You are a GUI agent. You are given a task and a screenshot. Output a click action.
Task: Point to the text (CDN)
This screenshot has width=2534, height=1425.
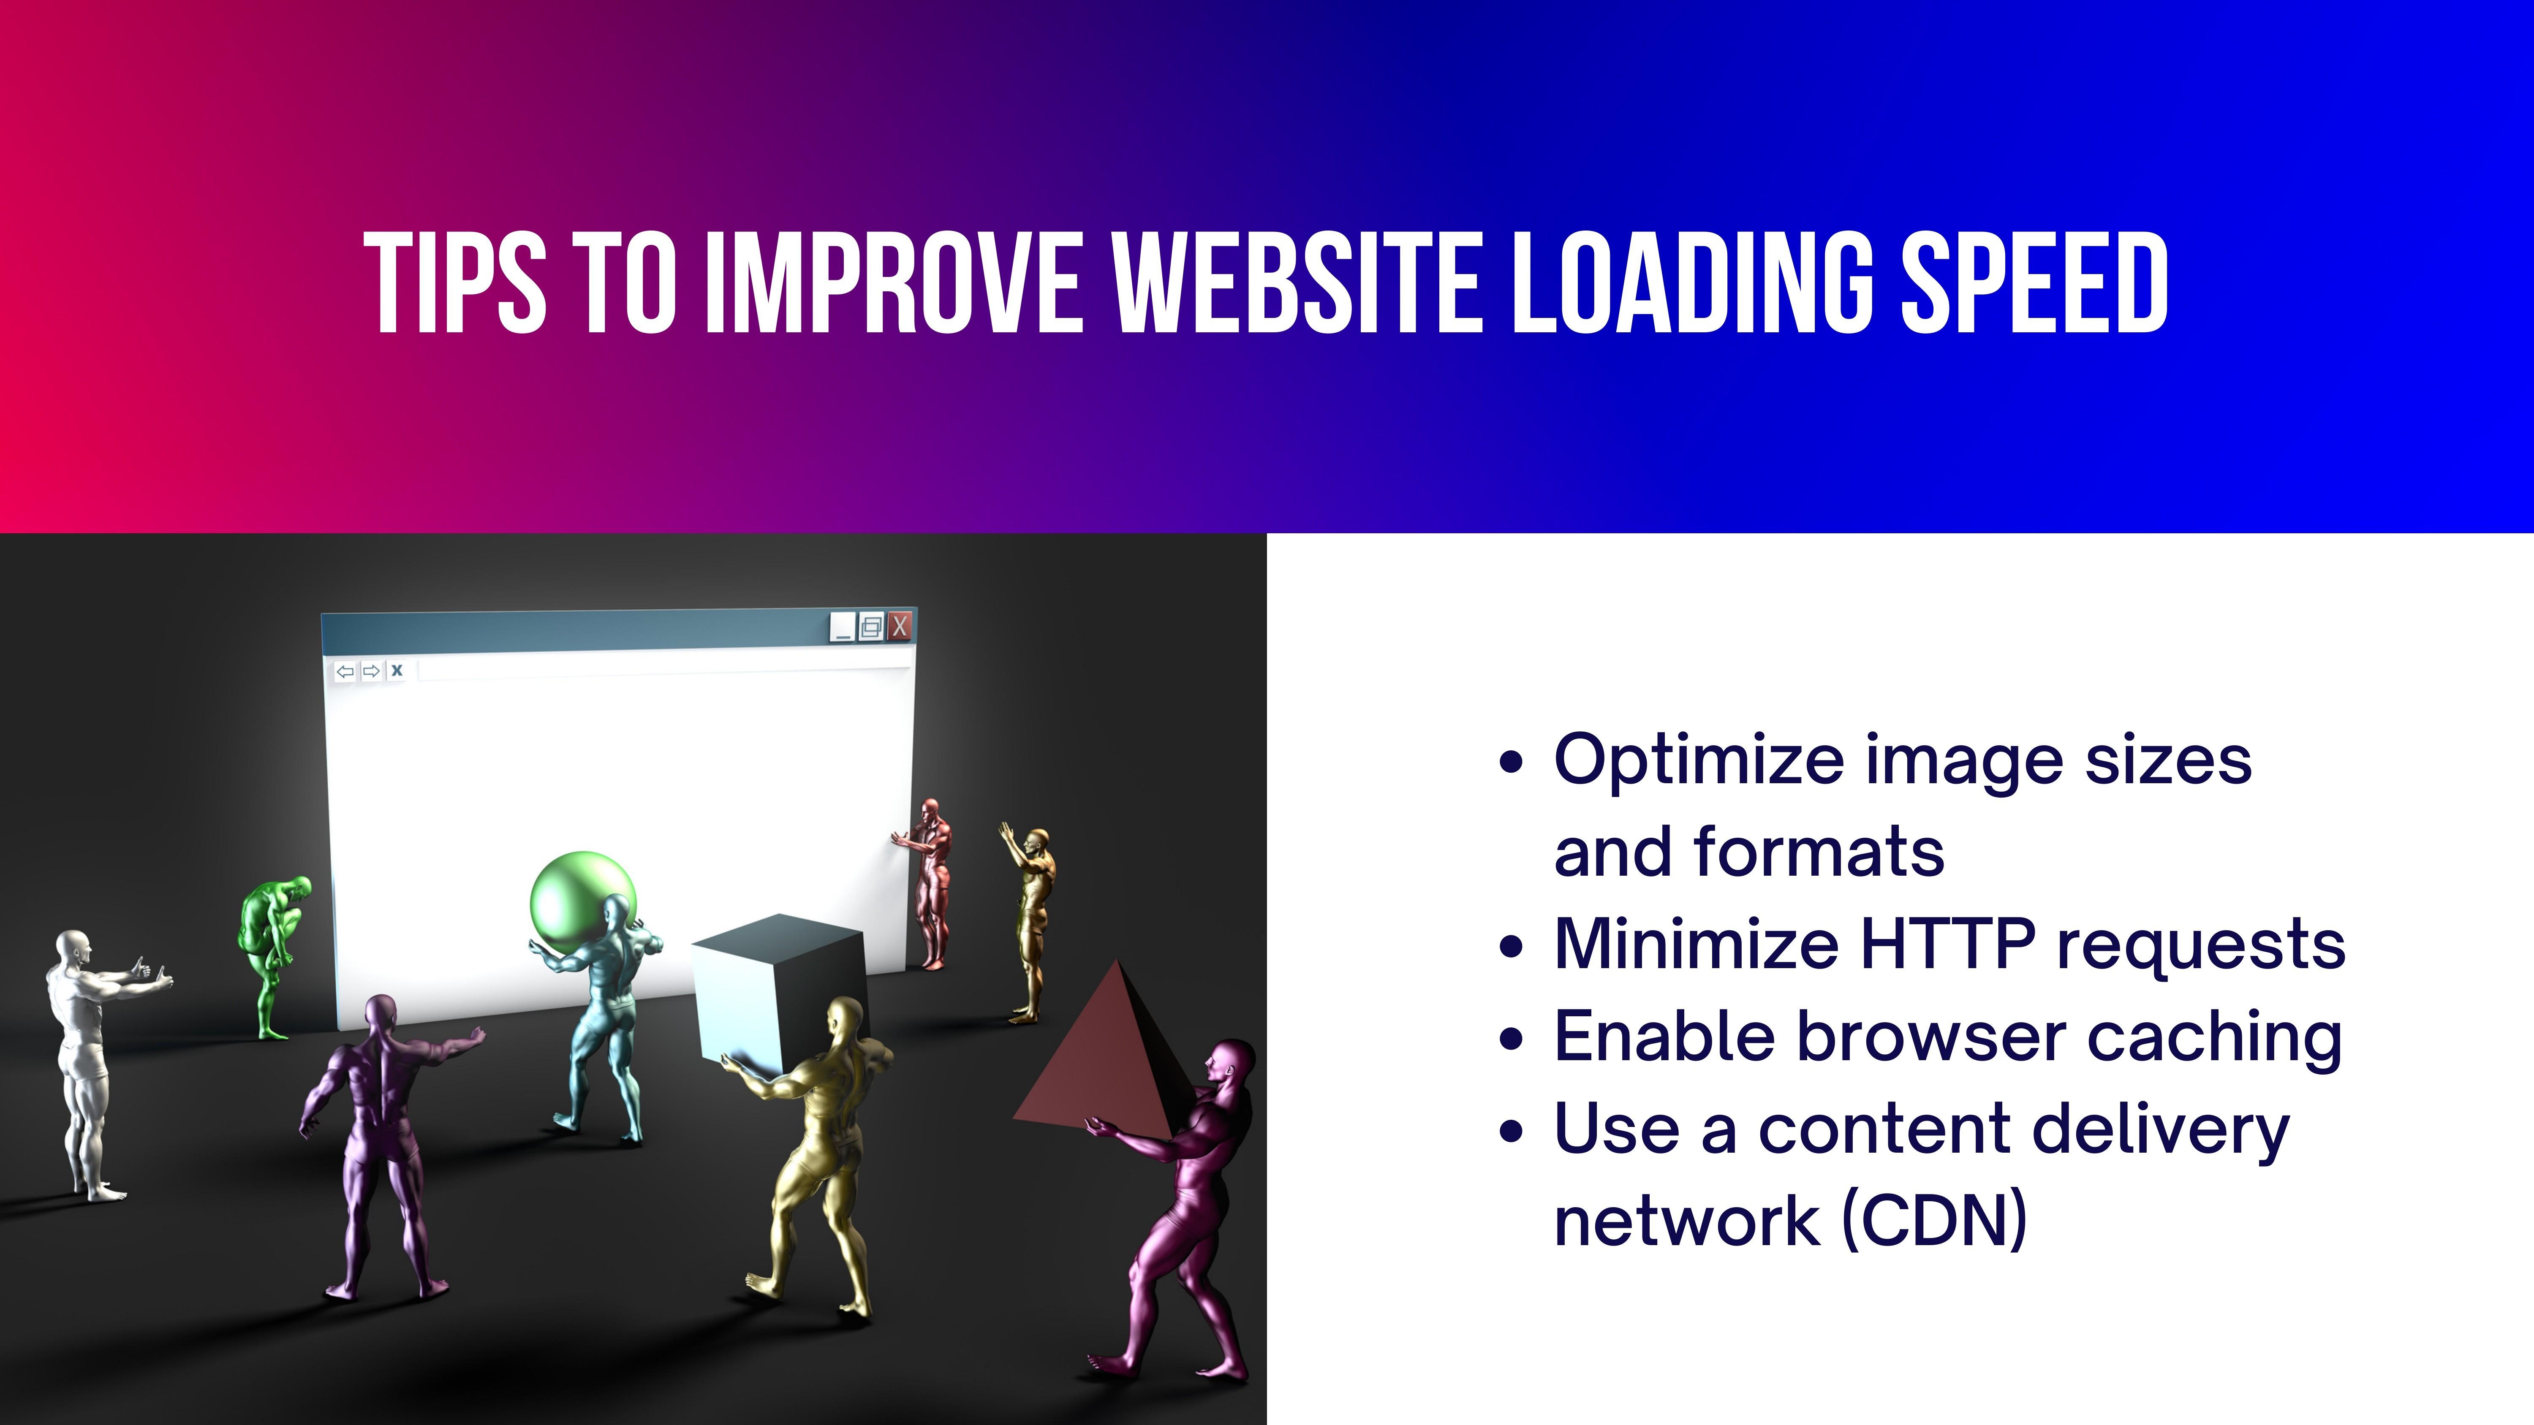[x=1934, y=1219]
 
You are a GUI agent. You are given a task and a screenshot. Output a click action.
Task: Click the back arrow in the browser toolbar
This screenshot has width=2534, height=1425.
[x=344, y=672]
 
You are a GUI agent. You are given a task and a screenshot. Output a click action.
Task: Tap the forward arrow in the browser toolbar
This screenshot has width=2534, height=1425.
[x=371, y=672]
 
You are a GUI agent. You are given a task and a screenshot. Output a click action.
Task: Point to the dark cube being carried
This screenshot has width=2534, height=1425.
[x=777, y=993]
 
